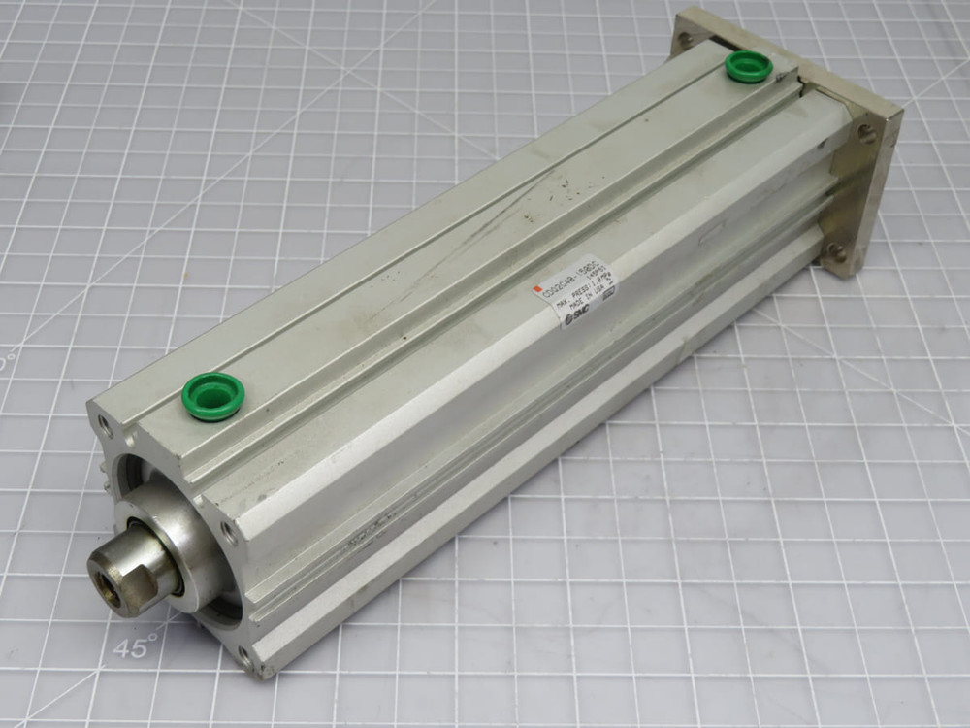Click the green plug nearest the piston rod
(x=212, y=395)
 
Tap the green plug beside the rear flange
(x=749, y=66)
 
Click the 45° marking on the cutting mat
(x=137, y=648)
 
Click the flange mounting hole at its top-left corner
(x=686, y=40)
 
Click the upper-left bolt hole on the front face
(x=102, y=424)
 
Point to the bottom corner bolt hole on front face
(x=244, y=660)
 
